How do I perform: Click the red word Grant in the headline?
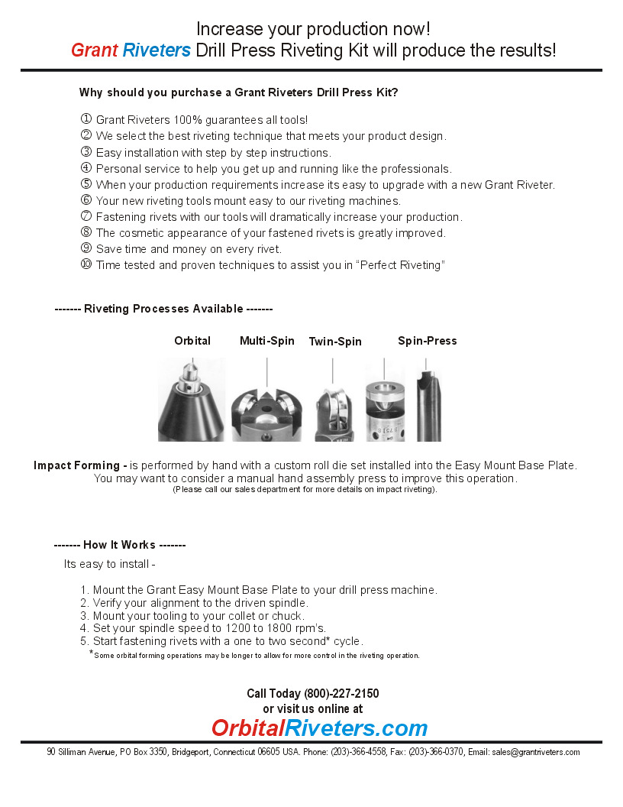94,50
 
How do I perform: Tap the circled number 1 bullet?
86,119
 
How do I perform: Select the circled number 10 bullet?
86,264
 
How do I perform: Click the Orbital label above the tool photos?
192,341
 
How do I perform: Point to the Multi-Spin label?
267,341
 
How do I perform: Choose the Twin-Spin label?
335,342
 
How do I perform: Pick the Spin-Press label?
428,341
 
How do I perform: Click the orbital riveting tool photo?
192,400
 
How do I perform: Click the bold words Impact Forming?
80,465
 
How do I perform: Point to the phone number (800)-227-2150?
341,694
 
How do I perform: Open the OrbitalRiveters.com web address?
319,728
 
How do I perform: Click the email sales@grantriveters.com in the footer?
536,752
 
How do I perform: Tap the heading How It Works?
119,545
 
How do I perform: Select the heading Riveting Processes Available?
163,309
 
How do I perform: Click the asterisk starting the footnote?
91,653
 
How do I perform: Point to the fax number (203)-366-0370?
435,752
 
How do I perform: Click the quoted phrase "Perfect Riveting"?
402,265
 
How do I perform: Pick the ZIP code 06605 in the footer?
268,752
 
